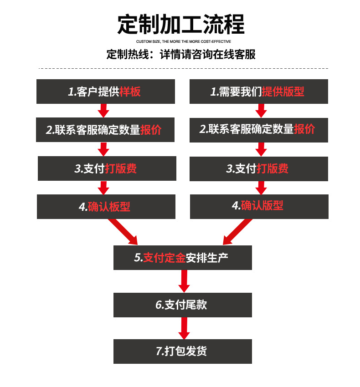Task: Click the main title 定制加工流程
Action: point(180,25)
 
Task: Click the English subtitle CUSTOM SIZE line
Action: point(180,41)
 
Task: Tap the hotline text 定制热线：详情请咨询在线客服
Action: point(180,55)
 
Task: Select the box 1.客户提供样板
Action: point(106,92)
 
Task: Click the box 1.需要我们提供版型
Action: point(259,92)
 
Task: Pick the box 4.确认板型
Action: point(106,207)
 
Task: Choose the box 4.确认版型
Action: point(259,206)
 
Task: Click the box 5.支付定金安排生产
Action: point(182,258)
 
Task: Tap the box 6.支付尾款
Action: point(182,305)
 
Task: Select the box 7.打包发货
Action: point(182,351)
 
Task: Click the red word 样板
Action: point(130,92)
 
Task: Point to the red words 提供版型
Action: point(283,92)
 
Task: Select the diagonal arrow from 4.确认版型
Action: point(237,231)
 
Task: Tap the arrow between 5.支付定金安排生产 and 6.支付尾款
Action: point(184,281)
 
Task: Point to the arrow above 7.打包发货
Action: point(184,328)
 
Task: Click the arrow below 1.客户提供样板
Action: point(103,110)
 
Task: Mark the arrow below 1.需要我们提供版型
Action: point(261,110)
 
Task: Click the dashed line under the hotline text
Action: point(182,68)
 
